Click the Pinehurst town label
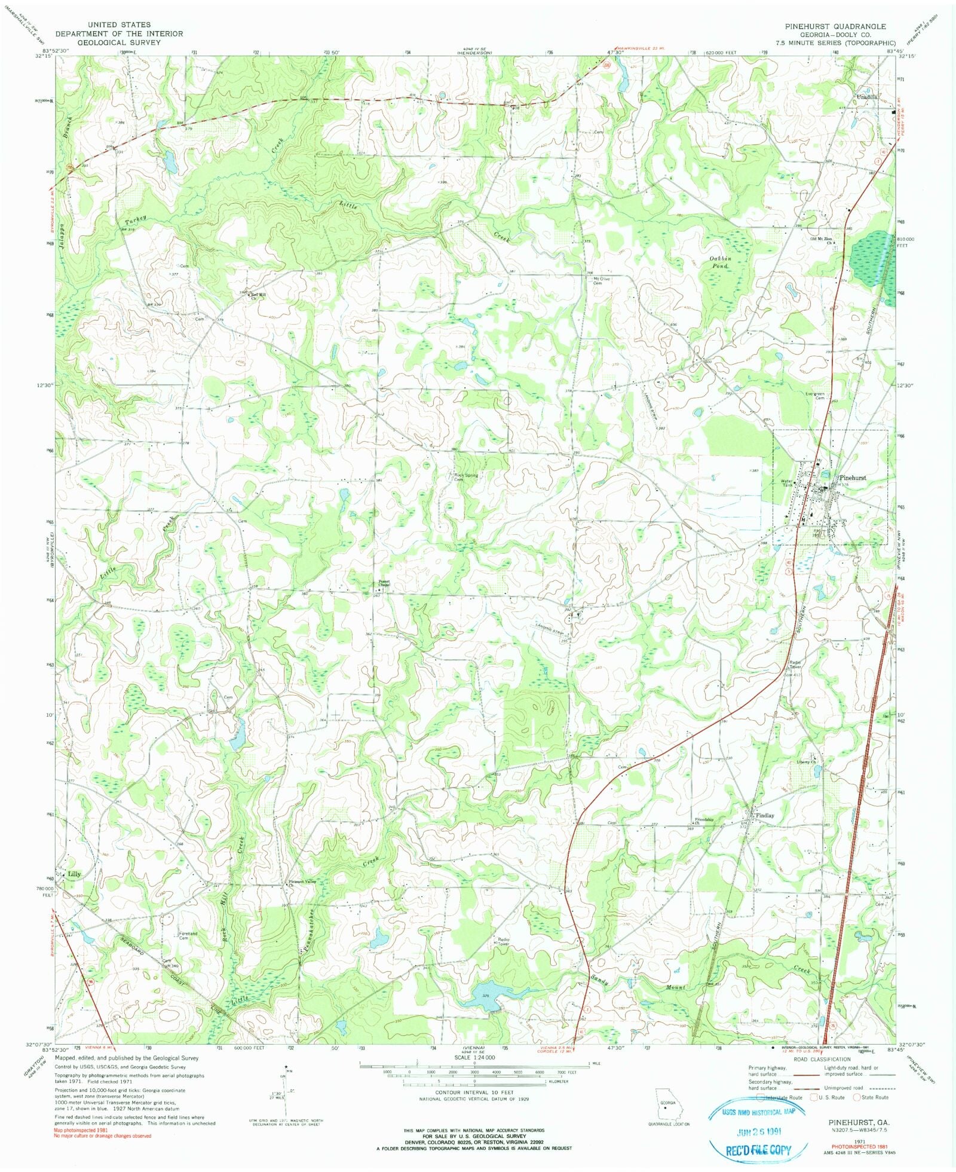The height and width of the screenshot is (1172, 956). pyautogui.click(x=853, y=478)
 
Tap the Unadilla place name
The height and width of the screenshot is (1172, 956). pyautogui.click(x=866, y=96)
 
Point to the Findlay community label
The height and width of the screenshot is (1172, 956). pyautogui.click(x=765, y=815)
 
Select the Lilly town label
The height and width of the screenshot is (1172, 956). pyautogui.click(x=74, y=874)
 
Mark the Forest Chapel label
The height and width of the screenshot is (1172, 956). pyautogui.click(x=382, y=583)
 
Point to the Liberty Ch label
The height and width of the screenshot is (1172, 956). pyautogui.click(x=805, y=763)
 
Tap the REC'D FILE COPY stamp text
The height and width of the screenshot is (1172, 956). pyautogui.click(x=758, y=1149)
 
